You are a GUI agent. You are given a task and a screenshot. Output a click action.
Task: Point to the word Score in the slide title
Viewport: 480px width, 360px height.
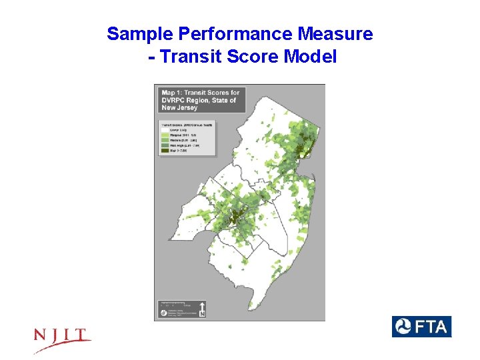(253, 57)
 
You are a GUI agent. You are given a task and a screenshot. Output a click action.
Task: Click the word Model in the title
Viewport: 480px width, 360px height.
(310, 57)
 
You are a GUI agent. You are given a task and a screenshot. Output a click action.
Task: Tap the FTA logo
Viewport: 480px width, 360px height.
(421, 327)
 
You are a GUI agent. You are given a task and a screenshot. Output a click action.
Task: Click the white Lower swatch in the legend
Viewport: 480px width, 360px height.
(165, 129)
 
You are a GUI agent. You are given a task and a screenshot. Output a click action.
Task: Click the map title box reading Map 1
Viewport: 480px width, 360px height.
(199, 100)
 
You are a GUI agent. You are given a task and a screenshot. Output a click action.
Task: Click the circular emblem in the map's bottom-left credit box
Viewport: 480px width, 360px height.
(163, 312)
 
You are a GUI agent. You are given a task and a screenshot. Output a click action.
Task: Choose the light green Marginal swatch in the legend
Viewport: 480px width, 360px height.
(165, 134)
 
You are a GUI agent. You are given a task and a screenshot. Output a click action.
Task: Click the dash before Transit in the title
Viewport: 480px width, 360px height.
(153, 57)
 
